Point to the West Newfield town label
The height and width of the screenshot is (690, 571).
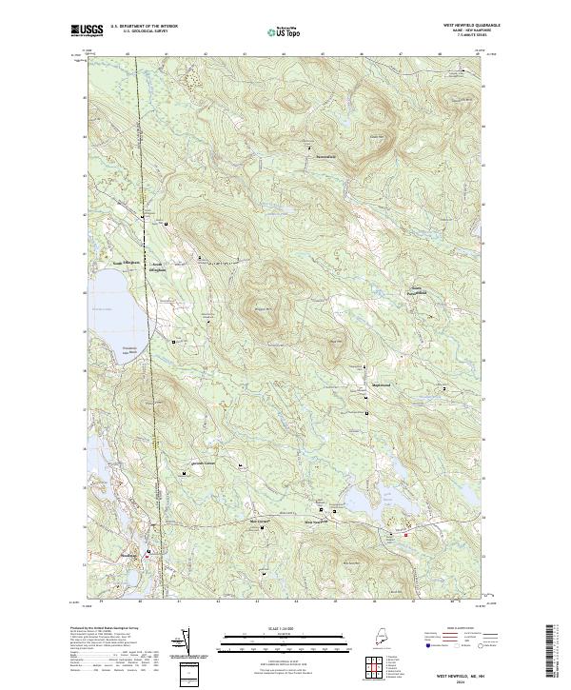314,522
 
